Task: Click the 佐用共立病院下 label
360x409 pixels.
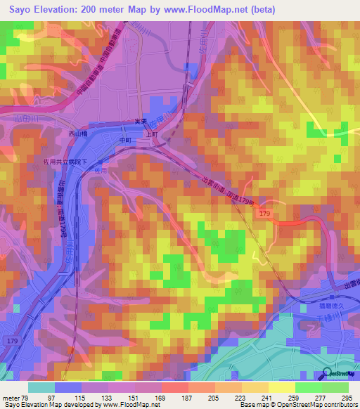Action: (60, 161)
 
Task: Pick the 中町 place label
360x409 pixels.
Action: (125, 140)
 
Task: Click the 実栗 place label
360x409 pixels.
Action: (139, 122)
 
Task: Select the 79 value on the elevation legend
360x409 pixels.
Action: (27, 398)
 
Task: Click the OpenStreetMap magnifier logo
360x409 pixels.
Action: (328, 373)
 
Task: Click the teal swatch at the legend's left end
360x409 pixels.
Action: (41, 387)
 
